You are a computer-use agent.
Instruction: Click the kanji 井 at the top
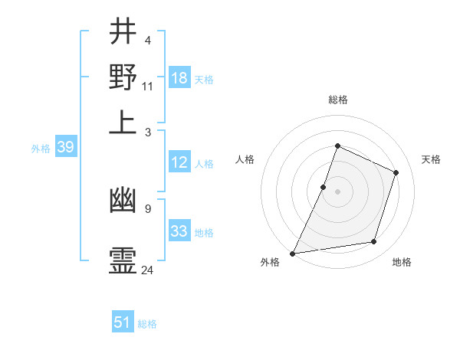coord(123,31)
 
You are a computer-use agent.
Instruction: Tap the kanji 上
coord(123,122)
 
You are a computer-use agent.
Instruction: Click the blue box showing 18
coord(179,77)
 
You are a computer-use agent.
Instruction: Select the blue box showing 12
coord(179,162)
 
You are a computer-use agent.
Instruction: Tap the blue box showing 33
coord(179,231)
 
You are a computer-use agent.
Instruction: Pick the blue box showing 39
coord(65,148)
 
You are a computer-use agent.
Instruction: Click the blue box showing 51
coord(123,322)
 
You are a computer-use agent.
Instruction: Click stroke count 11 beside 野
coord(148,86)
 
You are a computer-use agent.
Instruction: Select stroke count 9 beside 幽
coord(148,208)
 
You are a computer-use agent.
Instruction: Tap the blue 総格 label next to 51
coord(147,324)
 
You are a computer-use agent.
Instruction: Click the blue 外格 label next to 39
coord(41,149)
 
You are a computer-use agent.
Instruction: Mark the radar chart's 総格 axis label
coord(337,100)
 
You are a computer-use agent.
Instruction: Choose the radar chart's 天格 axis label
coord(431,159)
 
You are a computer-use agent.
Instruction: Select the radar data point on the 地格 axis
coord(374,242)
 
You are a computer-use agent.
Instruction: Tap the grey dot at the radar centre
coord(337,191)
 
